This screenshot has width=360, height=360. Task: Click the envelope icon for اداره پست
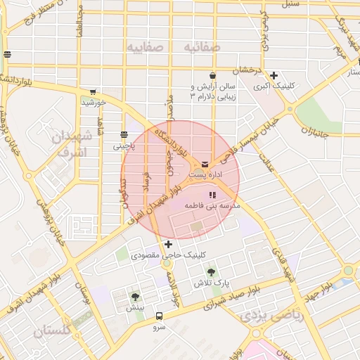pyautogui.click(x=205, y=165)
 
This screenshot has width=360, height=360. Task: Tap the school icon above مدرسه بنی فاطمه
pyautogui.click(x=212, y=195)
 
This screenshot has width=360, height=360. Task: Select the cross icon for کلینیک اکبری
pyautogui.click(x=274, y=75)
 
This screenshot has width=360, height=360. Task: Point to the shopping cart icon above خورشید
pyautogui.click(x=93, y=91)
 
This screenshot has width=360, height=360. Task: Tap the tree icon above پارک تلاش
pyautogui.click(x=212, y=271)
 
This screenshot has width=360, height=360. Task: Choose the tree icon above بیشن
pyautogui.click(x=135, y=297)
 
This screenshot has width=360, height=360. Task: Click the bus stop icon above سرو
pyautogui.click(x=159, y=316)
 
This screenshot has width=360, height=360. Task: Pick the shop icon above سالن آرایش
pyautogui.click(x=212, y=75)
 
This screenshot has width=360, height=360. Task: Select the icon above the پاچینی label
pyautogui.click(x=124, y=135)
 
